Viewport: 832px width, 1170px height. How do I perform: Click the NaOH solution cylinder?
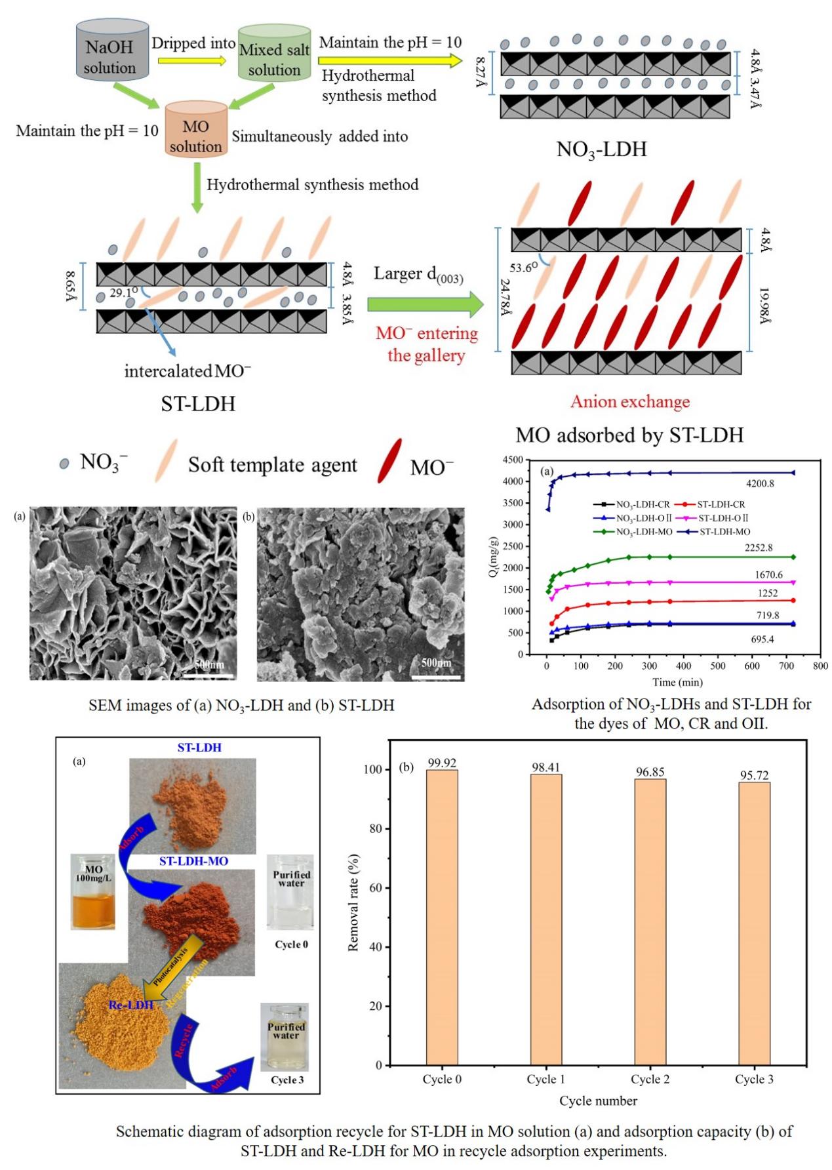coord(109,56)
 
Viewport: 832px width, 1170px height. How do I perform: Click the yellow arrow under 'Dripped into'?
coord(191,60)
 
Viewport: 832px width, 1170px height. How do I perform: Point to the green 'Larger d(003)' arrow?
coord(426,304)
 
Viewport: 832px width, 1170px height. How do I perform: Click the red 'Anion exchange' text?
coord(629,401)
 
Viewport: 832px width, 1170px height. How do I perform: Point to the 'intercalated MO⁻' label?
coord(188,371)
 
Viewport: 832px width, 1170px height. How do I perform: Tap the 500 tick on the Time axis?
coord(717,666)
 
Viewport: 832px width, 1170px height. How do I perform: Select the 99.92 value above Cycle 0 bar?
coord(442,763)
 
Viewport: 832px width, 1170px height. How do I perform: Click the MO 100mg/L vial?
coord(93,891)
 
